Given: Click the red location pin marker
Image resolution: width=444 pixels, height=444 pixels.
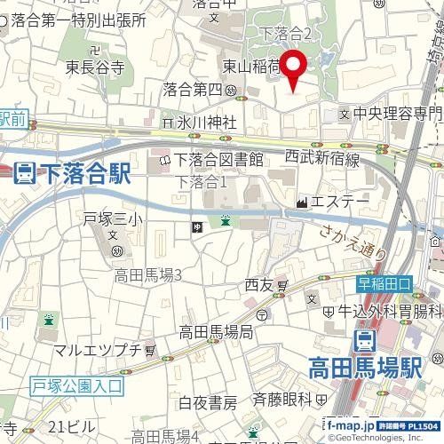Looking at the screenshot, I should click(x=296, y=67).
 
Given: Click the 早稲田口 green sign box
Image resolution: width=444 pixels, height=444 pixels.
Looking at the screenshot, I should click(x=385, y=283).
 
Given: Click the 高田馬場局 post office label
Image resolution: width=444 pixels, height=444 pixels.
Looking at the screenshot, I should click(x=216, y=332).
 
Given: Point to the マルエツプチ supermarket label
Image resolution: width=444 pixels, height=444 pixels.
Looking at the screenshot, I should click(x=98, y=351).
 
